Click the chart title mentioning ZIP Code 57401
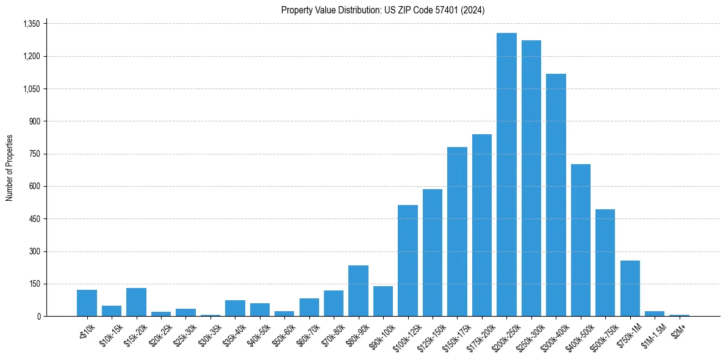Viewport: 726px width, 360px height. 383,10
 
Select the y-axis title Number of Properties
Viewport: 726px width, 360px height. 10,168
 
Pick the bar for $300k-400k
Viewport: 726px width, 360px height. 556,195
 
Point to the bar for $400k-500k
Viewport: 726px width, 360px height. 581,240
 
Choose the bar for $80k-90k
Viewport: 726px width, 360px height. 358,291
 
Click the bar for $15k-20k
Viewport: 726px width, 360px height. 136,302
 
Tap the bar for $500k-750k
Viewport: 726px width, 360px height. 605,263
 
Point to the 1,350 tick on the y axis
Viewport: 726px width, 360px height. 31,24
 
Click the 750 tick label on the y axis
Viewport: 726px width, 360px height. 34,154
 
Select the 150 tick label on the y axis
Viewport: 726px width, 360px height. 34,284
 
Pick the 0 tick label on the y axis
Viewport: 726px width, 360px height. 38,316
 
